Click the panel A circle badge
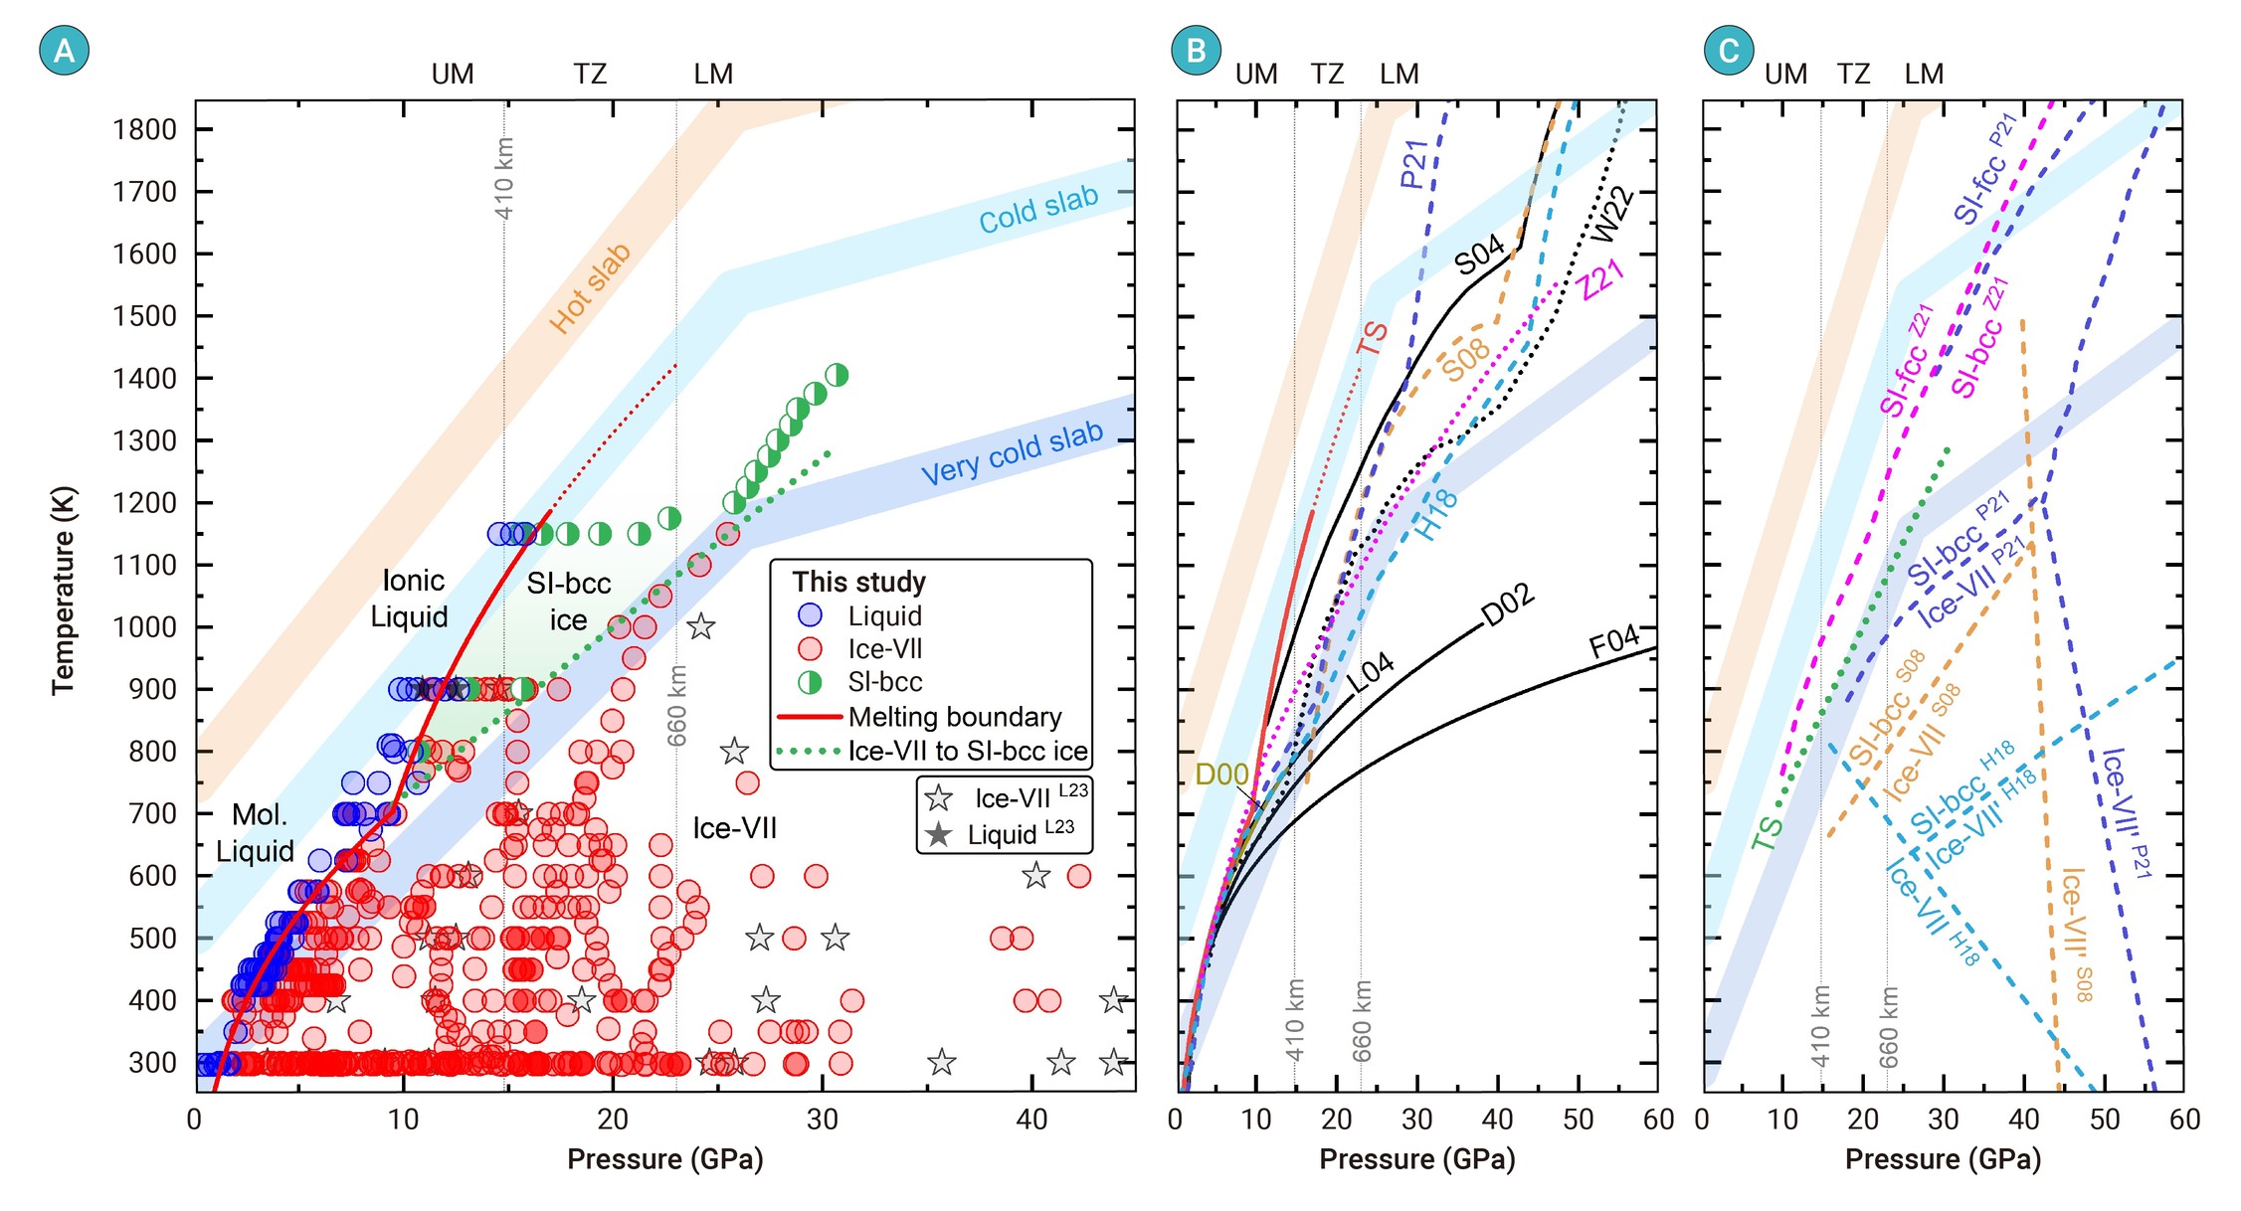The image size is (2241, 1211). (x=64, y=50)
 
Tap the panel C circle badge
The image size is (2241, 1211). (x=1728, y=50)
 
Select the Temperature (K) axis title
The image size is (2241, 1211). (x=63, y=590)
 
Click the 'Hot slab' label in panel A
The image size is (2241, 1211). (x=591, y=288)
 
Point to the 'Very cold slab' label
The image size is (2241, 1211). (x=1012, y=453)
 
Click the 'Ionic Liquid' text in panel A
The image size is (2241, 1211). (x=411, y=599)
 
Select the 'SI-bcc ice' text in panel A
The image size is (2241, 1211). (x=568, y=602)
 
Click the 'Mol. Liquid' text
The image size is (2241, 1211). (x=256, y=833)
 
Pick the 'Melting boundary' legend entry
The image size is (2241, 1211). (x=954, y=717)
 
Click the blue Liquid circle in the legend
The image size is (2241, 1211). (x=811, y=615)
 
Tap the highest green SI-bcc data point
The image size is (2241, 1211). (x=837, y=375)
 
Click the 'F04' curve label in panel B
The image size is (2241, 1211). (x=1613, y=641)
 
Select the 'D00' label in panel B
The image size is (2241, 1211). (x=1220, y=774)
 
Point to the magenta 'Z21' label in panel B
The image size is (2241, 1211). (x=1601, y=278)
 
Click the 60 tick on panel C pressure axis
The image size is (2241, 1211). (x=2183, y=1120)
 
